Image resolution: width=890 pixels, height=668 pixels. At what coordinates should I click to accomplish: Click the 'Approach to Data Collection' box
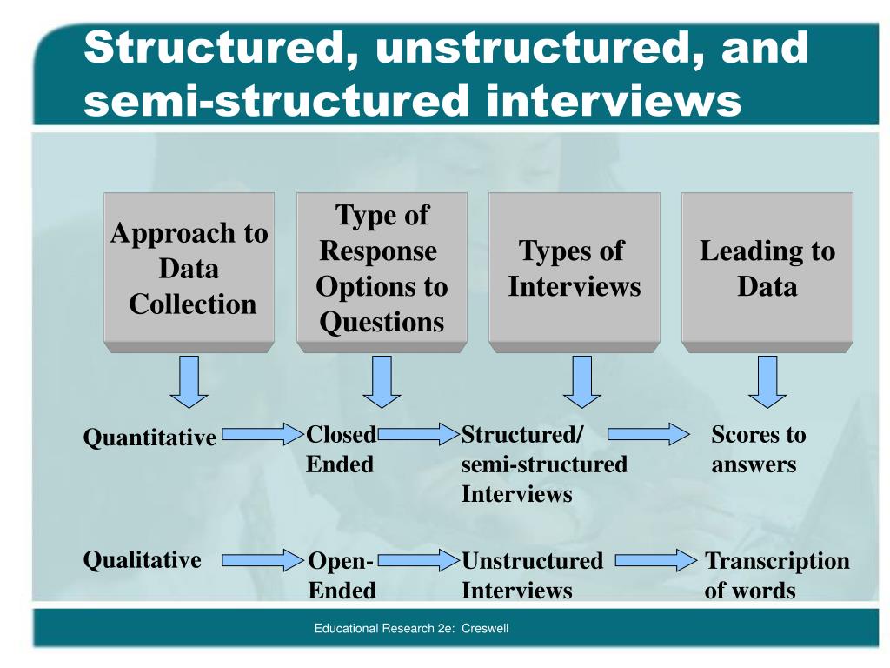click(189, 270)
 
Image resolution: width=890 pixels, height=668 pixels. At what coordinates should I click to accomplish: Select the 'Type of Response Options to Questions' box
click(382, 270)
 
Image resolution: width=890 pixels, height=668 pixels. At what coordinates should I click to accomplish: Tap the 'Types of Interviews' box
click(574, 270)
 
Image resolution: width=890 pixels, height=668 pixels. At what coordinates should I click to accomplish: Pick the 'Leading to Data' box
click(767, 270)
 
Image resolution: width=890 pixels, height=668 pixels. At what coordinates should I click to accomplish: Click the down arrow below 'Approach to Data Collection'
click(189, 382)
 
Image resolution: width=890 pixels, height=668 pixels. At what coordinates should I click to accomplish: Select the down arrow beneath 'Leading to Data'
click(767, 382)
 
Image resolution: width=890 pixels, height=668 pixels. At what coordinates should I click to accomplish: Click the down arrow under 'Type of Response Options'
click(382, 382)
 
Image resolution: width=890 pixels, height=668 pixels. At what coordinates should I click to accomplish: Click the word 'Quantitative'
click(149, 438)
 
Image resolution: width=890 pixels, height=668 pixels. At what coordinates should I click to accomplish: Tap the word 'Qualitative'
click(142, 559)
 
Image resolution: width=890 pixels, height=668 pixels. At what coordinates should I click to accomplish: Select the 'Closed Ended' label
click(341, 450)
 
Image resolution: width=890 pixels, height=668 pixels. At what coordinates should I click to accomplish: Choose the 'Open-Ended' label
click(342, 576)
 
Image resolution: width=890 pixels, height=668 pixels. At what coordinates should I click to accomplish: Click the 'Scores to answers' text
click(758, 450)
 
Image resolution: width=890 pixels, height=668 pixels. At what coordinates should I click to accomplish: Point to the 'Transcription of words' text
click(776, 576)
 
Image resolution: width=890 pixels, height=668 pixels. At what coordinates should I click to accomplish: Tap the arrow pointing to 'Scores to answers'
click(648, 434)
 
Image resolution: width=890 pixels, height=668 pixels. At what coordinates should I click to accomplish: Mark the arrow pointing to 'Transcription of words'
click(656, 561)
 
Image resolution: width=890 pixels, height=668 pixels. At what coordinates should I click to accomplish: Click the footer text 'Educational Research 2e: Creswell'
click(411, 629)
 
